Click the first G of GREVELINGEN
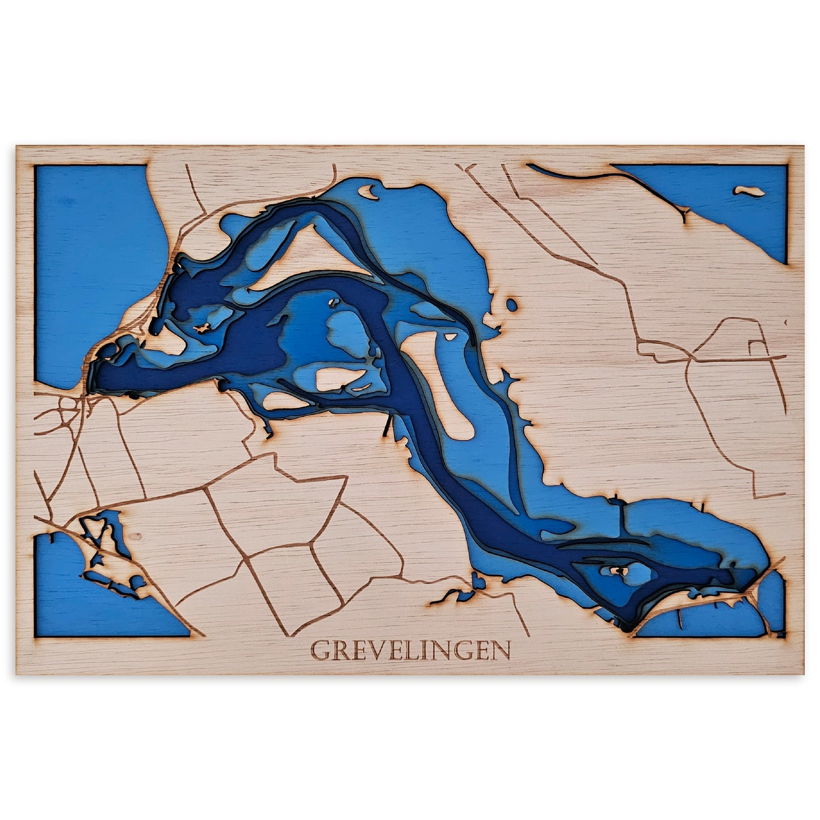pos(321,651)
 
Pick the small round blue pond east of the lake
pos(511,305)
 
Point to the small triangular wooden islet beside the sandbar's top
pos(451,337)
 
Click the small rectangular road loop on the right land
pos(757,347)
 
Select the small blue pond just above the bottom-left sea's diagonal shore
pos(137,582)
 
